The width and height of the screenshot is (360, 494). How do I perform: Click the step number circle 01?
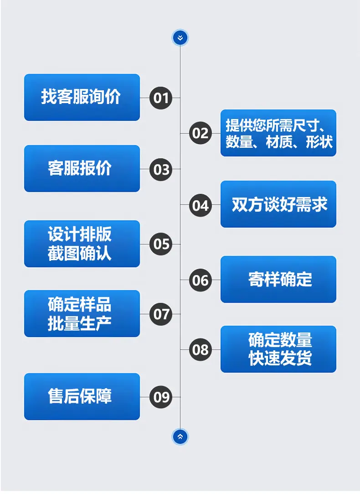161,98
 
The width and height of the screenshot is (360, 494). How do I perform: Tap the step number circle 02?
201,133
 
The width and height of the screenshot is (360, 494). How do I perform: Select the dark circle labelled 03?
161,170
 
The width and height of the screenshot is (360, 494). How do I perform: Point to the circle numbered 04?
201,205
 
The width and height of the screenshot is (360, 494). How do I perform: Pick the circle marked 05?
161,244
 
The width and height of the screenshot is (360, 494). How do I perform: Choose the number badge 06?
201,280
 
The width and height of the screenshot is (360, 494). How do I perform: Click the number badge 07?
161,314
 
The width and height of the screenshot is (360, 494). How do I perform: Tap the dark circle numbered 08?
201,349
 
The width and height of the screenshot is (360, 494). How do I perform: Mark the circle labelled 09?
161,397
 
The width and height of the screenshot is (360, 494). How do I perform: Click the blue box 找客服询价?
82,97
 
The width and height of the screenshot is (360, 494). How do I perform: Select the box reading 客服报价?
82,169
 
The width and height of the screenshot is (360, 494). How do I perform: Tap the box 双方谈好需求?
278,204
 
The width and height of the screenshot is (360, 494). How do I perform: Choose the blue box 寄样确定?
278,280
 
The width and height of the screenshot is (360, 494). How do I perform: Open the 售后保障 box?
82,397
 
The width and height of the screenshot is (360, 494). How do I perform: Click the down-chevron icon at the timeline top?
180,38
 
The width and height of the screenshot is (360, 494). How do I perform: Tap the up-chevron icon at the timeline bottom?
180,437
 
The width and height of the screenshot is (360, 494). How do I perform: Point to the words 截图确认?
80,253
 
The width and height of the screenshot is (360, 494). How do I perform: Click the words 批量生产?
80,323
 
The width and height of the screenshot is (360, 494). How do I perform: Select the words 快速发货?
280,358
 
